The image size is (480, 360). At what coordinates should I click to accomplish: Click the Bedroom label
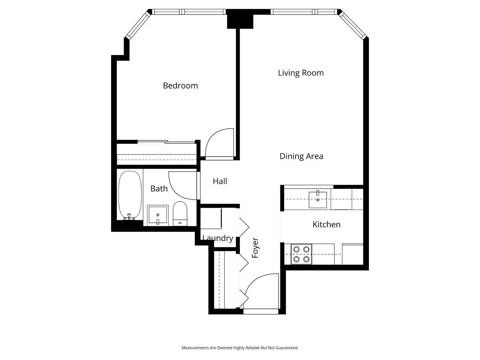[x=180, y=85]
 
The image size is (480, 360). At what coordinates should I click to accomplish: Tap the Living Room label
[x=301, y=73]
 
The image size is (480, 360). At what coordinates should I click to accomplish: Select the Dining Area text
[x=301, y=156]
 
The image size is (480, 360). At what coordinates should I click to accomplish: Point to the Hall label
[x=220, y=181]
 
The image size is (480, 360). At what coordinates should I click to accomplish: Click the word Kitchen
[x=326, y=225]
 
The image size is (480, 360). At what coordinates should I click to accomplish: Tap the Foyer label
[x=255, y=248]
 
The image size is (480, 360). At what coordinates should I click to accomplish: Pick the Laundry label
[x=218, y=238]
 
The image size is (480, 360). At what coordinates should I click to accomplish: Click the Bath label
[x=159, y=188]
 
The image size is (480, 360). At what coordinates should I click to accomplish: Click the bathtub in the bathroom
[x=130, y=195]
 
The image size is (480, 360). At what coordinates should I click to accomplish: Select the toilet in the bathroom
[x=180, y=213]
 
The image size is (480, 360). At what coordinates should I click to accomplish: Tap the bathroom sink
[x=158, y=215]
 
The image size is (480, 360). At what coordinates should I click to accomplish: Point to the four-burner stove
[x=301, y=254]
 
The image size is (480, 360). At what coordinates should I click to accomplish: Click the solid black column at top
[x=240, y=19]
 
